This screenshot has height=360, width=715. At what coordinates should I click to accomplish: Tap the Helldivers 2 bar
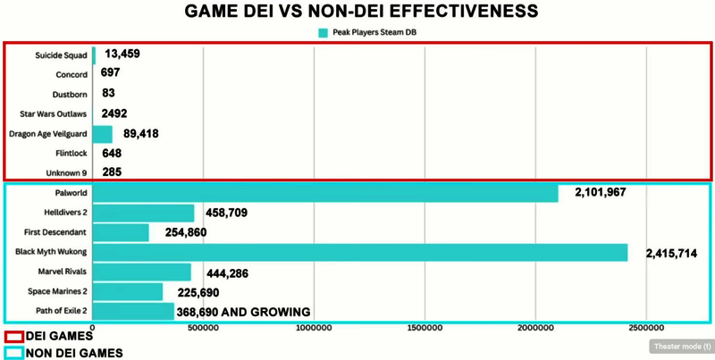[143, 213]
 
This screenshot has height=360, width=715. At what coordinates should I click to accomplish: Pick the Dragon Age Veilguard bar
[103, 134]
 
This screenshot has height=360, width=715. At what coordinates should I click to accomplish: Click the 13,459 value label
[122, 54]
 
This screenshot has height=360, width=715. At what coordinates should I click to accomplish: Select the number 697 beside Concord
[111, 73]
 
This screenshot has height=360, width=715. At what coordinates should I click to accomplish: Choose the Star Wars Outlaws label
[54, 114]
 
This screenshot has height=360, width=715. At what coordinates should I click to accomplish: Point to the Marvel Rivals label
[63, 272]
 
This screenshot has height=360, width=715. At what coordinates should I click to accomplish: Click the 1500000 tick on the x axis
[425, 329]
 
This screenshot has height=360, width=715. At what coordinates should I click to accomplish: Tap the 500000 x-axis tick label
[203, 329]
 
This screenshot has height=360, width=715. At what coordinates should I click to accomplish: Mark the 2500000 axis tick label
[646, 329]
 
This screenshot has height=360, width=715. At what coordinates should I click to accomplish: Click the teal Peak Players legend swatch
[323, 33]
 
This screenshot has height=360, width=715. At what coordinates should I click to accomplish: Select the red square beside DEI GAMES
[13, 337]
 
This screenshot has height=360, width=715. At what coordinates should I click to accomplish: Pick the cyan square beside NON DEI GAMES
[13, 352]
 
